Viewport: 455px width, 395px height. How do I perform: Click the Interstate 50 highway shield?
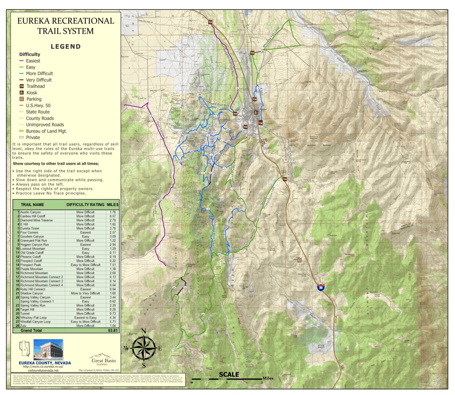tap(321, 287)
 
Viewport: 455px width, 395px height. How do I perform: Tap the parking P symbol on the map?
tap(299, 260)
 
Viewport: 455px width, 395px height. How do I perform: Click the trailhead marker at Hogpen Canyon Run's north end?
tap(210, 22)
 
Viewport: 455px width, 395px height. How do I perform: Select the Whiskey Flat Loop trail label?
tap(271, 37)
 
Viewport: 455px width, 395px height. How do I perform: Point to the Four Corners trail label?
tap(160, 130)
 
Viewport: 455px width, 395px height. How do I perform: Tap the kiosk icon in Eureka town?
tap(255, 112)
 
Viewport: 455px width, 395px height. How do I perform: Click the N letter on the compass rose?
tap(143, 331)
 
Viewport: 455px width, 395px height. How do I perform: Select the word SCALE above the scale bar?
tap(229, 374)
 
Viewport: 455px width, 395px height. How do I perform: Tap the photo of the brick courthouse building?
tap(48, 350)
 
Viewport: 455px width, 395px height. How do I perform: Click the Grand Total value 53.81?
tap(113, 330)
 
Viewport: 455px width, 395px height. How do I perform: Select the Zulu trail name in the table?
tap(23, 326)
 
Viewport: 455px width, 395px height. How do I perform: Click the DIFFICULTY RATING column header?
tap(85, 205)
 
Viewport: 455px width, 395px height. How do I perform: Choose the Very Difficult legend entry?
tap(39, 80)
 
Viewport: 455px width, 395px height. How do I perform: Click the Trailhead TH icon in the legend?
tap(22, 86)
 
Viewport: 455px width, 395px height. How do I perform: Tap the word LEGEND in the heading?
tap(66, 47)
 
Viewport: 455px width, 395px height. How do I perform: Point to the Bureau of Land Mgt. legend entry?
tap(46, 131)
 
